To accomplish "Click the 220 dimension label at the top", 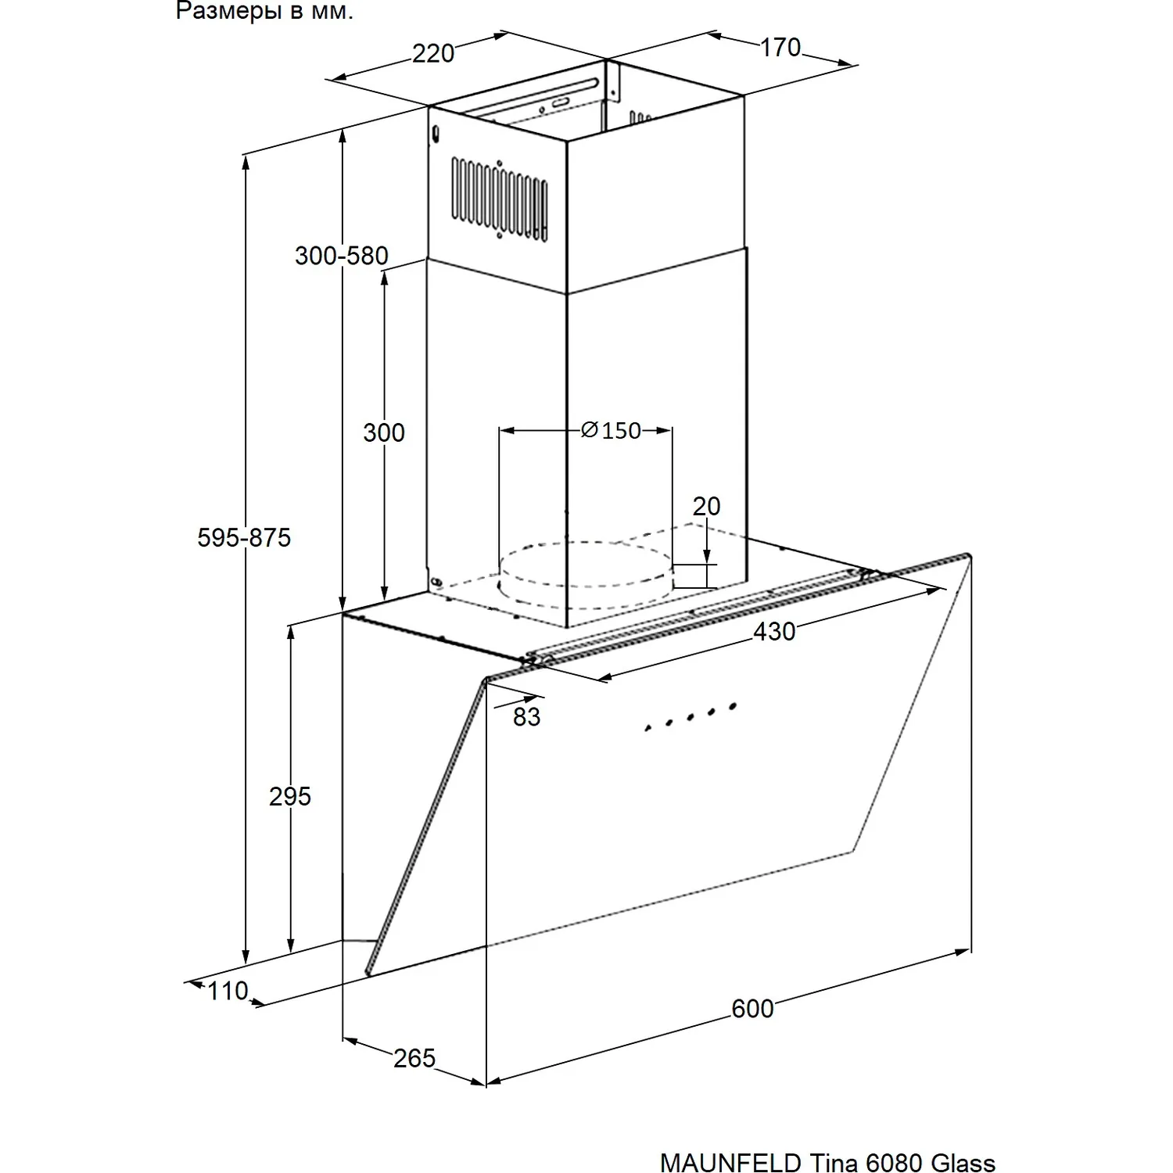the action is tap(433, 53).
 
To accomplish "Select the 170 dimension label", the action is tap(780, 48).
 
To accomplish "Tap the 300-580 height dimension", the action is tap(342, 256).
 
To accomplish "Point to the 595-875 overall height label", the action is tap(244, 537).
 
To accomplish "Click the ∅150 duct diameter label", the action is tap(611, 430).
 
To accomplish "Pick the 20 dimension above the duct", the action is tap(706, 506).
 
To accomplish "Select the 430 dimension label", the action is tap(774, 631).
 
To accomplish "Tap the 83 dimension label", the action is tap(527, 716).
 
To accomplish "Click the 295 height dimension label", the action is tap(290, 796).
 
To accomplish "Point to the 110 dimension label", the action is tap(228, 991).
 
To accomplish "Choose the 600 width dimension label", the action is tap(753, 1009).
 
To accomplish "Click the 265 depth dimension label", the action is tap(414, 1058).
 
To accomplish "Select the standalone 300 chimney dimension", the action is tap(384, 432).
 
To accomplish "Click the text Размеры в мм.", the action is tap(264, 12).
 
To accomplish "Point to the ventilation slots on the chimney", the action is tap(499, 198).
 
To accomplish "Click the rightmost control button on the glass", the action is tap(733, 706).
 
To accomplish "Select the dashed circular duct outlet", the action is tap(586, 564).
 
